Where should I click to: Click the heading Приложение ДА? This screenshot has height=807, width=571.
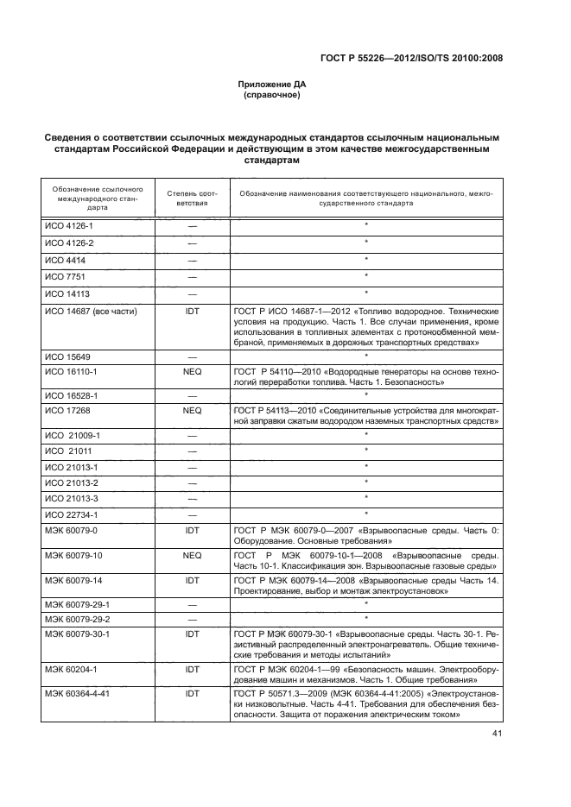[x=272, y=85]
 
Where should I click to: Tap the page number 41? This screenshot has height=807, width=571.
[x=497, y=709]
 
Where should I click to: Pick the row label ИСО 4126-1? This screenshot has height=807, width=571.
[x=69, y=226]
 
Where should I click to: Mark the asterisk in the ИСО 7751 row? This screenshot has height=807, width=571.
[x=366, y=276]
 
